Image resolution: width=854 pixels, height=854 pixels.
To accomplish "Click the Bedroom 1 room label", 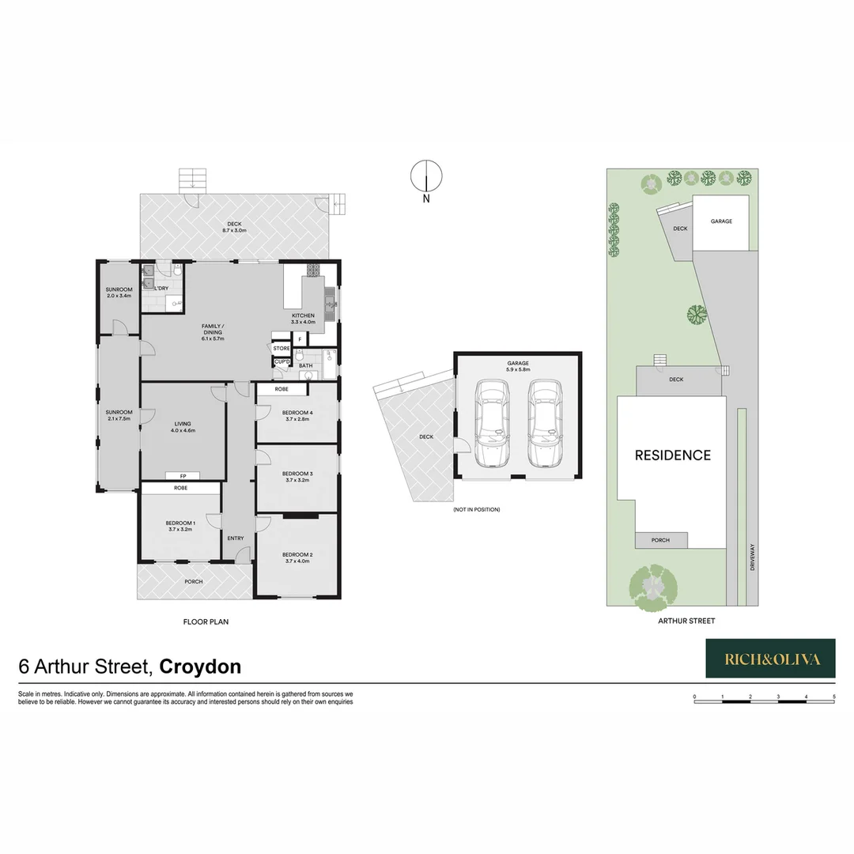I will point(180,526).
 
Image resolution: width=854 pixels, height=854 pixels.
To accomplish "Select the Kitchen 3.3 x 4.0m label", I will point(303,319).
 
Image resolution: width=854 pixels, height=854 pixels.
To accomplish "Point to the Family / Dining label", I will point(212,332).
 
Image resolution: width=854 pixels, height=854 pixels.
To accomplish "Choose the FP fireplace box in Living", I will point(183,476).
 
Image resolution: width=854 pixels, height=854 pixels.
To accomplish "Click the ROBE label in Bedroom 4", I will point(282,389).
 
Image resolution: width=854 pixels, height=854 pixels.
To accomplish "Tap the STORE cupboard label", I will point(282,348).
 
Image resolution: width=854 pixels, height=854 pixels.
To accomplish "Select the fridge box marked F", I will point(300,339).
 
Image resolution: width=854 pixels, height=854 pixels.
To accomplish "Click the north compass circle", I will point(426,175).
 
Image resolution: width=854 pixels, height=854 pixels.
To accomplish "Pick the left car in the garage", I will point(492,424).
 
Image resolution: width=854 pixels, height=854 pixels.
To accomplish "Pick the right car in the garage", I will point(545,424).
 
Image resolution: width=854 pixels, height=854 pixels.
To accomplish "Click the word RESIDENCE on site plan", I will point(673,455).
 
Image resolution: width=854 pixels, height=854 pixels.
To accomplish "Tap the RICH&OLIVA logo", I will point(770,659).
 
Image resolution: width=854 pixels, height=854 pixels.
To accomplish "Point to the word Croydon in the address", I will point(200,667).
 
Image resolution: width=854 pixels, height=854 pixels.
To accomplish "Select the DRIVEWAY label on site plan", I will point(754,557).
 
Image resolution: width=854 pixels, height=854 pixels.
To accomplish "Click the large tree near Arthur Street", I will point(653,586).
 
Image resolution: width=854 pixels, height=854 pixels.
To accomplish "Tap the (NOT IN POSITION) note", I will point(477,509).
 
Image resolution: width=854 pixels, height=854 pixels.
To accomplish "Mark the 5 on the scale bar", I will point(834,697).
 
